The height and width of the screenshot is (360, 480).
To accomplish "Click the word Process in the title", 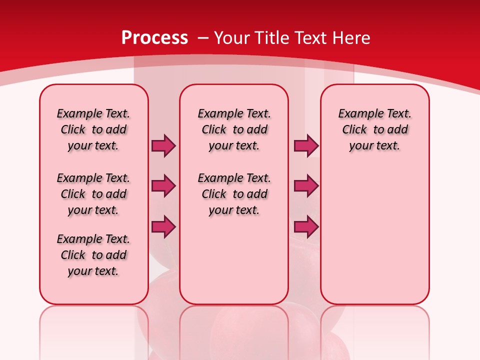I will pos(154,37).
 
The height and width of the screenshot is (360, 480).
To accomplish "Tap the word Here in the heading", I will pos(352,37).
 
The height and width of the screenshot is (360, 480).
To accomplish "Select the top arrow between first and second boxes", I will pos(163,145).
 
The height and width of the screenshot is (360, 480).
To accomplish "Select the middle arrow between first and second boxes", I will pos(163,186).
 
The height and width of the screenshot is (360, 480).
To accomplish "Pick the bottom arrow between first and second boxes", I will pos(163,226).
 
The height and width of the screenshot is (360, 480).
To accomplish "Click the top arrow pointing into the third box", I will pos(306,145).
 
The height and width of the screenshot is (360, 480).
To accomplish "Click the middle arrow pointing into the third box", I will pos(306,186).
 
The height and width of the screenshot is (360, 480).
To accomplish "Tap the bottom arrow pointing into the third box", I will pos(306,226).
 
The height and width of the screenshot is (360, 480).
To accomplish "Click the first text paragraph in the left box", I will pos(93,129).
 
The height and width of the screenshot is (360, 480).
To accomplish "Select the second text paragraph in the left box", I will pos(93,194).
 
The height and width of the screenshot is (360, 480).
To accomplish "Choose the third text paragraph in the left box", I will pos(93,255).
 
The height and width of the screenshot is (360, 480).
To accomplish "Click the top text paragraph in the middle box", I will pos(234,129).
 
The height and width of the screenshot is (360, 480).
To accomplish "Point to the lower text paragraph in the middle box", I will pos(234,194).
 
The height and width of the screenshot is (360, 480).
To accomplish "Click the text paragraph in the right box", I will pos(374,129).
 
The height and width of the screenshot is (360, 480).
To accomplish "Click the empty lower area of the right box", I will pos(374,235).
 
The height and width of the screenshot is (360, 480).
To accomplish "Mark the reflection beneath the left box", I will pos(94,330).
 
